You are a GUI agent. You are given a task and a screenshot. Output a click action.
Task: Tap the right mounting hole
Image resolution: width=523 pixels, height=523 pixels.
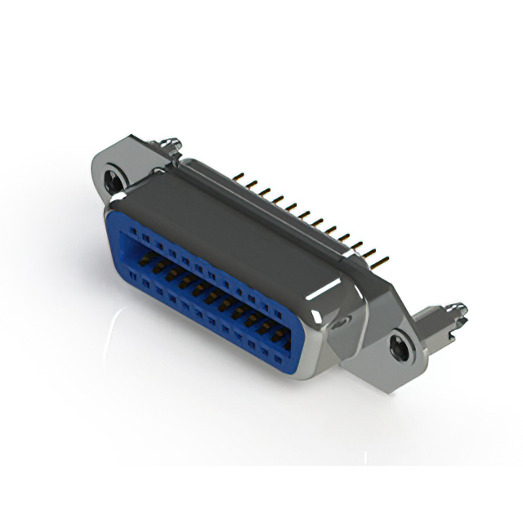[400, 346]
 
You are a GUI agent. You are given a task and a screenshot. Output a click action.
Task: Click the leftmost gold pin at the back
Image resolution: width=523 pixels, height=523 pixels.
[239, 176]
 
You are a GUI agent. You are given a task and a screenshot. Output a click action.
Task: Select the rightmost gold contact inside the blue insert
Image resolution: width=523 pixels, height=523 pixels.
[278, 335]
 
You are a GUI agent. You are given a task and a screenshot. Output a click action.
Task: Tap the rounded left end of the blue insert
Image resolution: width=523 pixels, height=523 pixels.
[113, 237]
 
